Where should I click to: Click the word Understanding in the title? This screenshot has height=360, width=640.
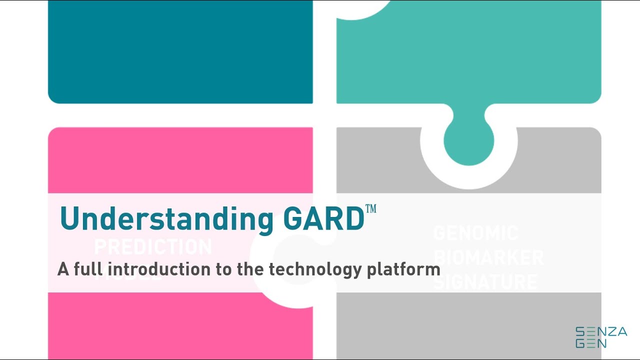(x=166, y=219)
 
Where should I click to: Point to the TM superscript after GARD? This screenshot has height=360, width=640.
(x=370, y=208)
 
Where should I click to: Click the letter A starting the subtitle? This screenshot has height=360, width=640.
(x=63, y=269)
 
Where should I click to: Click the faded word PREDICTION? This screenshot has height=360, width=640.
(x=153, y=247)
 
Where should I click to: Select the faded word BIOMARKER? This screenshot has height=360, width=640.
(x=488, y=257)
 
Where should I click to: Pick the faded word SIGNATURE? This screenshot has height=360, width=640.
(x=485, y=281)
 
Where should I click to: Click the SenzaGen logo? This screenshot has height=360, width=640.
(x=601, y=337)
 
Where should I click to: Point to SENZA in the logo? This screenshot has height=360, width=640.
(x=601, y=331)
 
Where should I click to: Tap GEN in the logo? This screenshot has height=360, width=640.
(x=591, y=343)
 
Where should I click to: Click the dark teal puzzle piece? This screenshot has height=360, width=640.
(x=180, y=50)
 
